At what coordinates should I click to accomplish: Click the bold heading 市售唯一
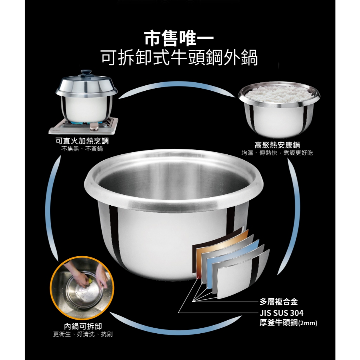(179, 38)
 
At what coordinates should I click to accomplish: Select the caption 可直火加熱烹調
(82, 141)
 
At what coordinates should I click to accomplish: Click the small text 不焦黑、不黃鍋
(82, 149)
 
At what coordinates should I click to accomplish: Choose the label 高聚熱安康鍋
(277, 145)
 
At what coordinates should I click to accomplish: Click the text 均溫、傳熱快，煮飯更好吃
(277, 153)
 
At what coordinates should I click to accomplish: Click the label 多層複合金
(278, 301)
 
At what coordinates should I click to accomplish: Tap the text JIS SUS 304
(282, 313)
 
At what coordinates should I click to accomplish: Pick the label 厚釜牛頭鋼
(278, 322)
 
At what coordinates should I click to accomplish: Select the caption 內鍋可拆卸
(83, 326)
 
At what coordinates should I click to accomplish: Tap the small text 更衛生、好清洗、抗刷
(83, 334)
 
